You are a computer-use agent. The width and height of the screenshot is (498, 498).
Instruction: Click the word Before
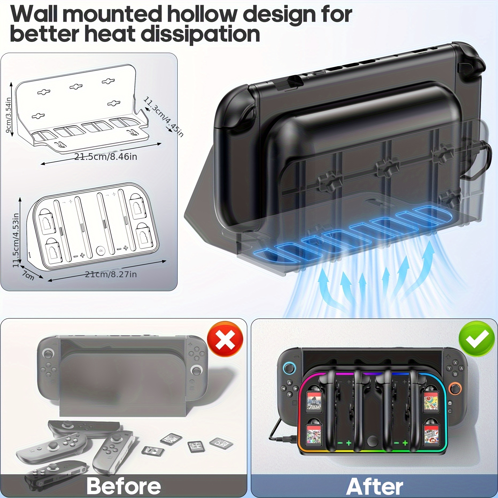pyautogui.click(x=123, y=486)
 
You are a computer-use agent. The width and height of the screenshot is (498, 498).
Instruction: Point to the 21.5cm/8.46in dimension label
pyautogui.click(x=106, y=157)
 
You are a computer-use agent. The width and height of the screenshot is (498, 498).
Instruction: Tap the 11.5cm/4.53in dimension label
pyautogui.click(x=16, y=240)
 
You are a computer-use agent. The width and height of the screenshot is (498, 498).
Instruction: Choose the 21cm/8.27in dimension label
pyautogui.click(x=111, y=274)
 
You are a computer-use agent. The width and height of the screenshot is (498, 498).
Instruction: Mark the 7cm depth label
pyautogui.click(x=28, y=275)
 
